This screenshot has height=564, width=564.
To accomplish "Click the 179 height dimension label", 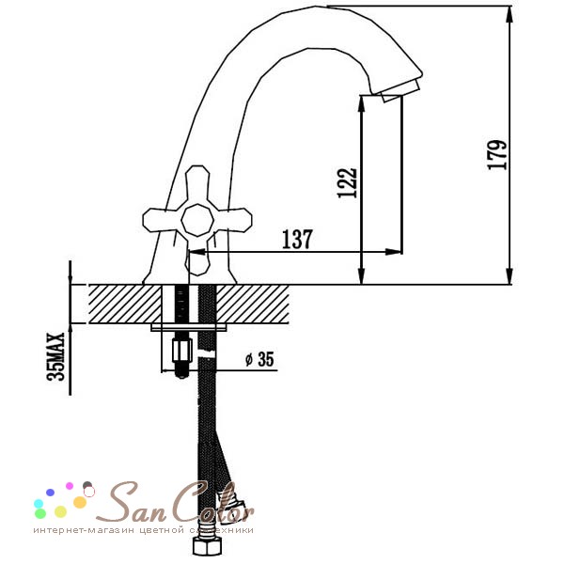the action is [497, 155].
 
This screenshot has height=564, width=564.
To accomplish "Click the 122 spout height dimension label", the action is [348, 182].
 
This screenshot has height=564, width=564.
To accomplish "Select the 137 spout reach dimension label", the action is [297, 239].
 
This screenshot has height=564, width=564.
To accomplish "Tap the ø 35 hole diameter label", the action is [259, 359].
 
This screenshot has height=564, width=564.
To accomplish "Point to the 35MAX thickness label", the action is [55, 356].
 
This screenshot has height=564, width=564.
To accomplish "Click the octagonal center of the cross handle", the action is [197, 220].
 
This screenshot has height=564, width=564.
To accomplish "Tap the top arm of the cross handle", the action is [197, 184].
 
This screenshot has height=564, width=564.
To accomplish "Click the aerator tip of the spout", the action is [400, 90].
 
